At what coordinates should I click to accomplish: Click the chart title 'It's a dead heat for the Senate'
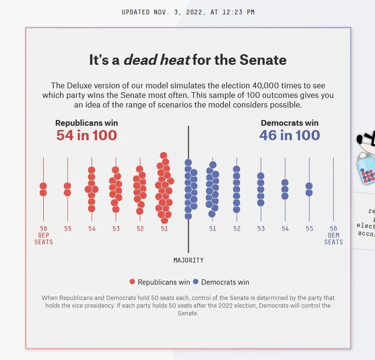[188, 60]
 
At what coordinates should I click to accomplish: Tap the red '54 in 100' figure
[86, 135]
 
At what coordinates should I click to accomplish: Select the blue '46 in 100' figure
[290, 135]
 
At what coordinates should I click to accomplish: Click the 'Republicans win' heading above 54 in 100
[86, 123]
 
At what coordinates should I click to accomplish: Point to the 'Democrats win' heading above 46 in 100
[290, 123]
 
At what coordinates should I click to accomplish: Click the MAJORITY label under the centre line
[188, 260]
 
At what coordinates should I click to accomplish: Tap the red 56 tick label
[44, 229]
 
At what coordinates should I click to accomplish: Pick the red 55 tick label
[68, 229]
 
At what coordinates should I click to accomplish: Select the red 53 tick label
[116, 229]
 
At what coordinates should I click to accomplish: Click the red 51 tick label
[164, 229]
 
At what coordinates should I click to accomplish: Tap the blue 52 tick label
[237, 229]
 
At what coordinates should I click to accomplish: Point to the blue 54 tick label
[285, 229]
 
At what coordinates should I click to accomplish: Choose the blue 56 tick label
[333, 229]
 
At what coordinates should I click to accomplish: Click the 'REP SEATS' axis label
[44, 239]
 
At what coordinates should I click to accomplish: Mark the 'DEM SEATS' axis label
[333, 239]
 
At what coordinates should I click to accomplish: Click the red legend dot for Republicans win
[133, 282]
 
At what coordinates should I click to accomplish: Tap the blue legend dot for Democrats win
[196, 282]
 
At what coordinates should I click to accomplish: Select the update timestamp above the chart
[188, 12]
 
